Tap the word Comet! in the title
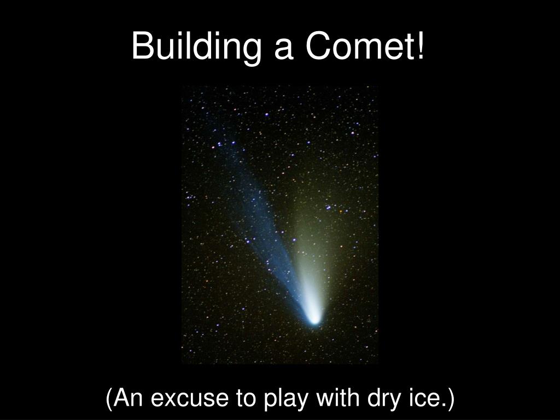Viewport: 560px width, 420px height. point(365,46)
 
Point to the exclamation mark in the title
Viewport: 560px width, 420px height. point(421,45)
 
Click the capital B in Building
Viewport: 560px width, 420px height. point(143,45)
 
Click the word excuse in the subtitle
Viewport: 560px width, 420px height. point(189,399)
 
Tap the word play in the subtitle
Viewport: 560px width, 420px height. point(285,400)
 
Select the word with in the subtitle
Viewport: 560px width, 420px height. point(337,397)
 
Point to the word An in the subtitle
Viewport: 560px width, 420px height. point(127,398)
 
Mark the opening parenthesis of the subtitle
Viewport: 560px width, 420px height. point(109,400)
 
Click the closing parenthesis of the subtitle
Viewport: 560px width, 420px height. point(451,400)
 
